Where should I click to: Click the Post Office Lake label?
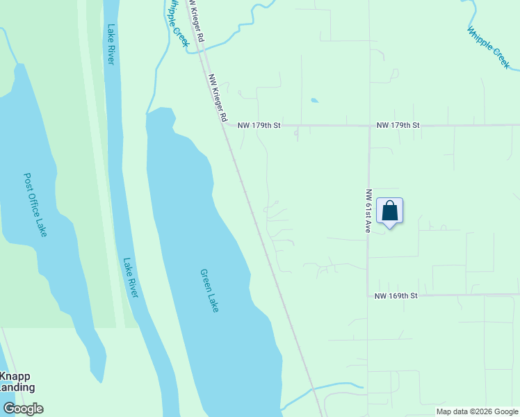[35, 205]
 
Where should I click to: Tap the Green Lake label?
[209, 291]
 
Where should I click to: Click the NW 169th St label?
[396, 295]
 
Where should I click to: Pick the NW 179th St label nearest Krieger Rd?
[259, 126]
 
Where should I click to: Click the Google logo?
[23, 409]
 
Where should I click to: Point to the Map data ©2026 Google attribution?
[476, 411]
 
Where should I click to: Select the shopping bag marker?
[390, 211]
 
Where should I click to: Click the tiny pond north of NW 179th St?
[314, 101]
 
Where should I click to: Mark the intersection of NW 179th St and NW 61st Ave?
[368, 126]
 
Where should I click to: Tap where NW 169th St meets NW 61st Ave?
[368, 295]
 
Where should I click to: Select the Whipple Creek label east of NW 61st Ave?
[488, 48]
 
